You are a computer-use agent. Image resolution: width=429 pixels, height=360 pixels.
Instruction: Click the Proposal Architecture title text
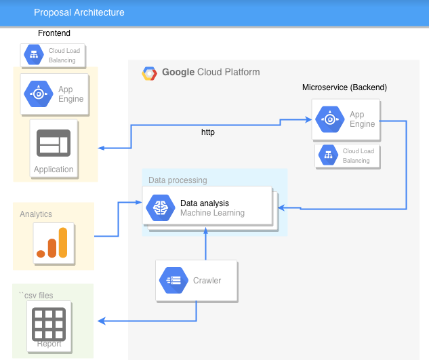(x=79, y=12)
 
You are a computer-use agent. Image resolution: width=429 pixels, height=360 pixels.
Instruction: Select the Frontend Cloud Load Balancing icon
(x=34, y=56)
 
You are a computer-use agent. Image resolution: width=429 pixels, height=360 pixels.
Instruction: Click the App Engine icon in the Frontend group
(x=38, y=94)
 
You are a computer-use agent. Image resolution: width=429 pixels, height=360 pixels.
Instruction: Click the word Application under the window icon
(x=54, y=169)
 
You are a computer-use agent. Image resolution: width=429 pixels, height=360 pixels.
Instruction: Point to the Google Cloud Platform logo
(x=149, y=73)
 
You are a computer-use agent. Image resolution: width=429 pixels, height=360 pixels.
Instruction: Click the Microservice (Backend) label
(x=344, y=87)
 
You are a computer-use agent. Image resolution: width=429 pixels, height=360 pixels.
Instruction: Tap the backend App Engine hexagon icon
(x=329, y=119)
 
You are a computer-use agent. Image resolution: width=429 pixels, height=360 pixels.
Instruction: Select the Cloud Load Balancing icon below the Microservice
(x=329, y=156)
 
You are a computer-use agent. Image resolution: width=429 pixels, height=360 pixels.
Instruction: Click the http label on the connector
(x=208, y=132)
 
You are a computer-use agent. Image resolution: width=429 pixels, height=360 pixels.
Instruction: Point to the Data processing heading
(x=178, y=180)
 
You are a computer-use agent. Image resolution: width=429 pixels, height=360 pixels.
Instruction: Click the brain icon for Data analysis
(x=161, y=207)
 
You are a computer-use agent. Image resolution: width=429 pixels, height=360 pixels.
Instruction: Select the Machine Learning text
(x=212, y=213)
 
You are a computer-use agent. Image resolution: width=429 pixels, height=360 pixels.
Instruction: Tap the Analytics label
(x=36, y=214)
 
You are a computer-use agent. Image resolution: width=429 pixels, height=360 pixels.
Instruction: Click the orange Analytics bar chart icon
(x=53, y=243)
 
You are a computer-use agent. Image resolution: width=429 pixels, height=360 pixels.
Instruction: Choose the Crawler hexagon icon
(x=174, y=280)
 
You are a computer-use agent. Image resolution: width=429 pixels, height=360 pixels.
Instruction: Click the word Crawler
(x=207, y=281)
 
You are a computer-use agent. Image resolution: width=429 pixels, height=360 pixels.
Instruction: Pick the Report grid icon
(x=49, y=323)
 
